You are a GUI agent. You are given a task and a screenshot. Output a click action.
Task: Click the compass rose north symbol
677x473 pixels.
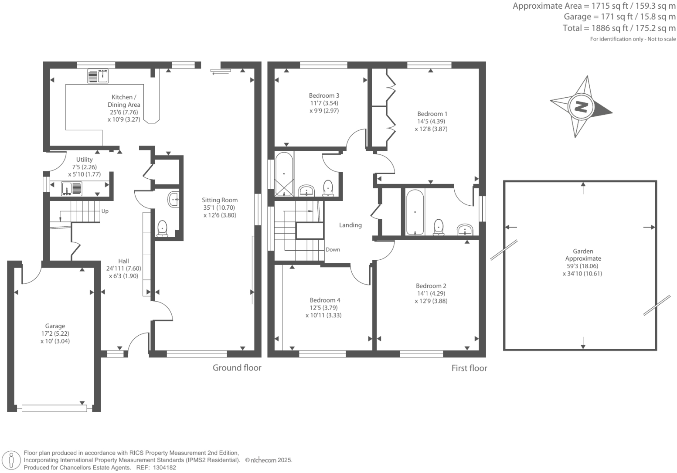tap(581, 106)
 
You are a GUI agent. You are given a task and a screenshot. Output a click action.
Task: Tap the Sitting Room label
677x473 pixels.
tap(220, 200)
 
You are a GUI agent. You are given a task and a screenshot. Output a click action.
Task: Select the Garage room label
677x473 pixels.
tap(55, 326)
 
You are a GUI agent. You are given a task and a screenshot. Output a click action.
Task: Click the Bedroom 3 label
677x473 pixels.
tap(324, 95)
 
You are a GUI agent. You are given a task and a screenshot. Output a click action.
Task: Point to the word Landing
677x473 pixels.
tap(350, 225)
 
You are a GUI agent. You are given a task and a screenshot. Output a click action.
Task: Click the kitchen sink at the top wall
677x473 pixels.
tap(98, 76)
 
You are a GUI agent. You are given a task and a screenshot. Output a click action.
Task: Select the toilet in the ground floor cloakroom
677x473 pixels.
tap(162, 228)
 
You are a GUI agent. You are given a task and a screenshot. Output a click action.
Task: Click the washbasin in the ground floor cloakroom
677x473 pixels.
tap(174, 200)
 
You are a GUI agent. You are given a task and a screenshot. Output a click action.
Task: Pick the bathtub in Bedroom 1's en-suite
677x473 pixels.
tap(415, 212)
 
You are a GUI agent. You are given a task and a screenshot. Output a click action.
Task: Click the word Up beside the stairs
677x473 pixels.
tap(105, 211)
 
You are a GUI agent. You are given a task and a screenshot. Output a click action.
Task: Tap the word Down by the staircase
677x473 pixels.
tap(333, 250)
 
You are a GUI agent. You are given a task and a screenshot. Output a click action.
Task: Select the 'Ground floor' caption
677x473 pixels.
tap(237, 368)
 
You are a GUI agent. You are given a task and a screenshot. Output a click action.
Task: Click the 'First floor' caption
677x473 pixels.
tap(469, 368)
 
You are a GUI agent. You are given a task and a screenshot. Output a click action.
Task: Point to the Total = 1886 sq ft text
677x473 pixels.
tap(619, 28)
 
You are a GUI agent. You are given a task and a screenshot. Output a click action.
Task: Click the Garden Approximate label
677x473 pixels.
tap(583, 255)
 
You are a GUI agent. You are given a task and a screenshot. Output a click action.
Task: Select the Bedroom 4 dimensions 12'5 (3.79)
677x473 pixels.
tap(325, 308)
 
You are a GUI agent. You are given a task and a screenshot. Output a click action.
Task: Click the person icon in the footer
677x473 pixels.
tap(12, 460)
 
